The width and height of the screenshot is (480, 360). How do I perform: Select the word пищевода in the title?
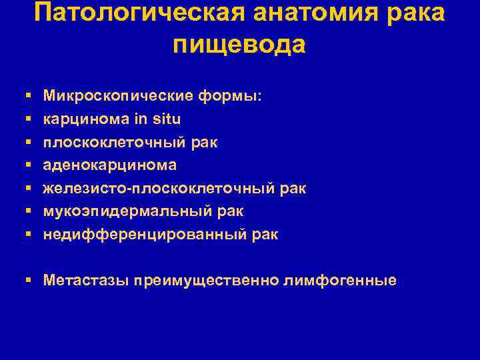click(x=239, y=44)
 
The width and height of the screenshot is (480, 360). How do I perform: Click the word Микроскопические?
click(x=117, y=96)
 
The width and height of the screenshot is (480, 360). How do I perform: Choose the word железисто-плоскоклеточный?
click(x=159, y=188)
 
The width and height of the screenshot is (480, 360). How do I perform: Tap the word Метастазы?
click(x=85, y=280)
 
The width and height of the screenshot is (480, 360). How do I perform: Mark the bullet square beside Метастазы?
click(x=27, y=280)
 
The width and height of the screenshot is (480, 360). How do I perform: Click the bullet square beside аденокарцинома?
click(x=27, y=165)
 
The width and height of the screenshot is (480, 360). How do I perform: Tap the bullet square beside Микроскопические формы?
click(x=27, y=97)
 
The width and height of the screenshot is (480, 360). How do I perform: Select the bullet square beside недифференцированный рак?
click(x=27, y=235)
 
